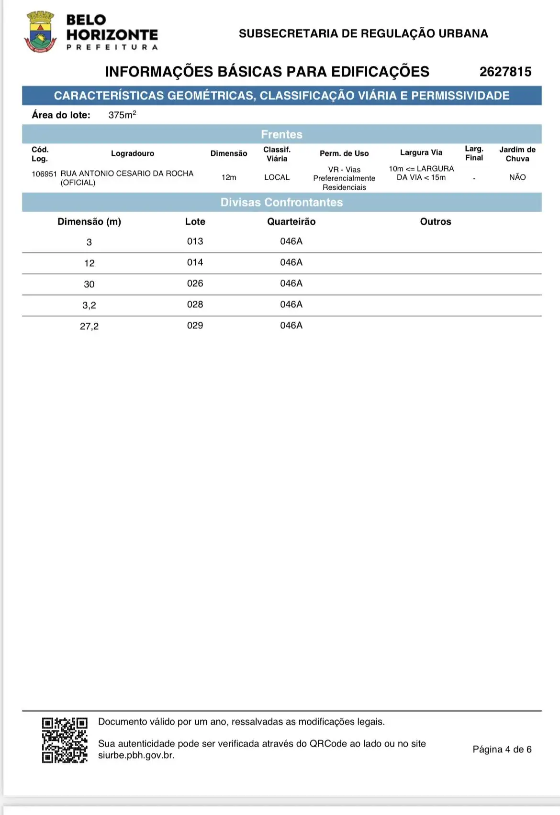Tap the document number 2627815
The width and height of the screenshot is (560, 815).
(505, 72)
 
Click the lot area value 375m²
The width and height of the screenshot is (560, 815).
(122, 115)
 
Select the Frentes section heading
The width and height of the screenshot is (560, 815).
(281, 134)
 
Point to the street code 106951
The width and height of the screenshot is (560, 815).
(44, 174)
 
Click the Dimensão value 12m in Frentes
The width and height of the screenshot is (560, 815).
(229, 177)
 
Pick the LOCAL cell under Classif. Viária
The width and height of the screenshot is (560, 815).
(277, 177)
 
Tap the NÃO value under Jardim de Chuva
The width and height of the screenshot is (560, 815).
(517, 177)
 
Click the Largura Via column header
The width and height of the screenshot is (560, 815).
(421, 152)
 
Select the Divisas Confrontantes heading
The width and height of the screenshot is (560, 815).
(281, 202)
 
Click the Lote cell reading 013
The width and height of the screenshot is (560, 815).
(195, 241)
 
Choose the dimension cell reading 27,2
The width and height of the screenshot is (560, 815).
(89, 326)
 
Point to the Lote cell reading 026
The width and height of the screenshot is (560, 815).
(195, 283)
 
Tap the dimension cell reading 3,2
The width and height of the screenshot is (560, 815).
(89, 305)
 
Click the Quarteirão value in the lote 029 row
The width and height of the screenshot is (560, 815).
(291, 326)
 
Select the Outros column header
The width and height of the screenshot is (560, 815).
(436, 221)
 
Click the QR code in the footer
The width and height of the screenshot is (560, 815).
(65, 740)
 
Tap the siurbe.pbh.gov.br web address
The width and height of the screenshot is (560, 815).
(136, 755)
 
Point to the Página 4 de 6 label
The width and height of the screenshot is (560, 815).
(502, 749)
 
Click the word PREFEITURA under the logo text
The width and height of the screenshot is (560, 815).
(112, 47)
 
